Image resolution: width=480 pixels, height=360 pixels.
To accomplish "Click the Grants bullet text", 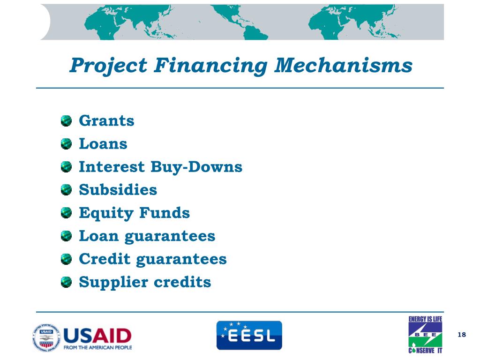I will tap(106, 121).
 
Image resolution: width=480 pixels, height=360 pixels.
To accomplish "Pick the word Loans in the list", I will tap(103, 144).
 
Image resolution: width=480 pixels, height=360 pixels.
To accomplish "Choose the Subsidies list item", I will tap(118, 190).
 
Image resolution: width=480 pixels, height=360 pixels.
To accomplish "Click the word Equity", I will tap(106, 213).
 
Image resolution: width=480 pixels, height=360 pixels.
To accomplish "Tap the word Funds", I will tap(165, 213).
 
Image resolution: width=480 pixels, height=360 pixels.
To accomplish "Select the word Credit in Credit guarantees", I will tap(105, 259).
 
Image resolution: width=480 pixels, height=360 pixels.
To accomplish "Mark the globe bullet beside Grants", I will tap(67, 121).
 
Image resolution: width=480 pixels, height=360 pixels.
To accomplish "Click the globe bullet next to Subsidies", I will tap(67, 190).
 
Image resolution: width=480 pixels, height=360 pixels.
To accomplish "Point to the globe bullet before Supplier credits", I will tap(67, 282).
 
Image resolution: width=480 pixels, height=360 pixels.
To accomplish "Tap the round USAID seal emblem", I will tap(46, 337).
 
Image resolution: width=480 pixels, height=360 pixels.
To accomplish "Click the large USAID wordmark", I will tap(97, 335).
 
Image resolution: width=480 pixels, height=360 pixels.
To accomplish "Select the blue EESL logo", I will tap(249, 335).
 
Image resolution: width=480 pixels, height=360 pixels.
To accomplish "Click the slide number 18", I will tap(462, 334).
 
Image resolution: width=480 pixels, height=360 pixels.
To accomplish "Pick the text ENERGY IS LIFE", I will tap(425, 319).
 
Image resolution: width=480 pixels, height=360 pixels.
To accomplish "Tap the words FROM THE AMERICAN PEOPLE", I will tap(97, 347).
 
